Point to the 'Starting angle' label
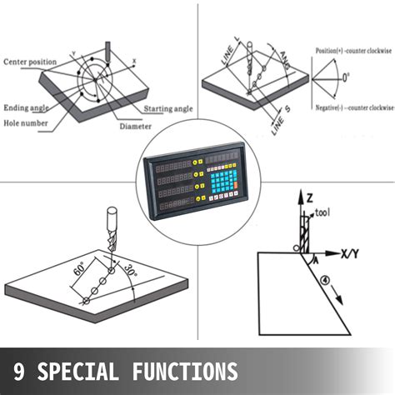click(x=169, y=109)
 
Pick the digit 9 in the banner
click(x=19, y=369)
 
